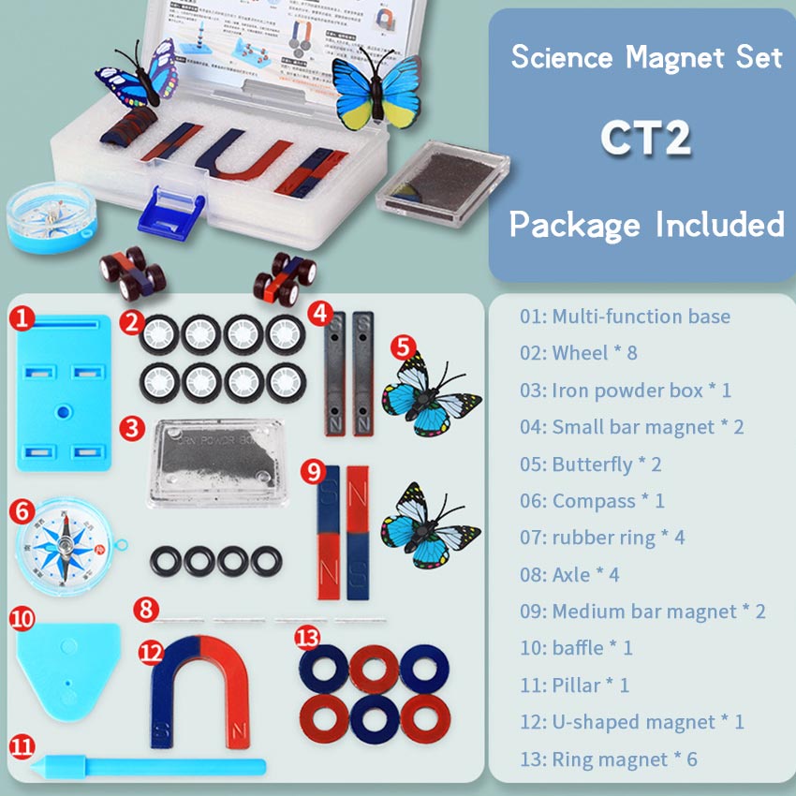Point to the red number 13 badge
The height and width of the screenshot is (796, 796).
coord(307,639)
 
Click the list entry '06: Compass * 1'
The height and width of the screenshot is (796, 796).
coord(592,501)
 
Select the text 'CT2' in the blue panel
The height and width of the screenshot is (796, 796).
coord(646,138)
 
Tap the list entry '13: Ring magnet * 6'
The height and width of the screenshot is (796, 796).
coord(609,759)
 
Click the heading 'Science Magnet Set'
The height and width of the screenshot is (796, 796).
coord(646,57)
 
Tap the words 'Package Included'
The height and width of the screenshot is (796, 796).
coord(646,225)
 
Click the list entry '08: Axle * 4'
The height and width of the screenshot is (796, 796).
coord(570,574)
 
